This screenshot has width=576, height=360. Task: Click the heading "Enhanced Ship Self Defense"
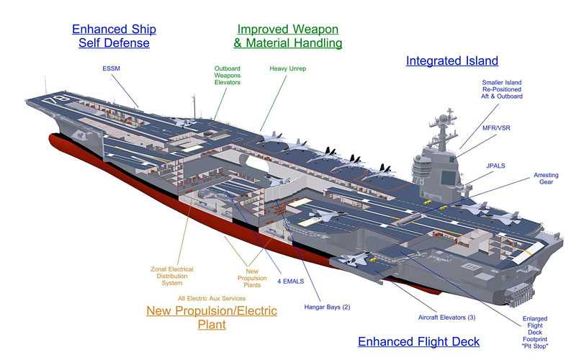(x=114, y=36)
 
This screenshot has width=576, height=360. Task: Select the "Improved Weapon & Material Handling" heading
(x=288, y=36)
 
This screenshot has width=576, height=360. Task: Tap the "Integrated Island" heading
(x=452, y=61)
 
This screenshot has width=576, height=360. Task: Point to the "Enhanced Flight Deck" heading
(x=418, y=341)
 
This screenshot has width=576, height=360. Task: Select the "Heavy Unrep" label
(x=289, y=69)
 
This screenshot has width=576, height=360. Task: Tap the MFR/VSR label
(x=498, y=127)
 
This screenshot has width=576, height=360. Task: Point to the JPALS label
(x=494, y=166)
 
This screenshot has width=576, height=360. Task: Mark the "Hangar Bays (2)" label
(x=327, y=307)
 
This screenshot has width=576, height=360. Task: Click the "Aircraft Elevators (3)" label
(x=447, y=317)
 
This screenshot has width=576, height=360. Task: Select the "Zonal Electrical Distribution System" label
(x=172, y=276)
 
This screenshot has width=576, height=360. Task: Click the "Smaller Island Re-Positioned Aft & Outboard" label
(x=503, y=89)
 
